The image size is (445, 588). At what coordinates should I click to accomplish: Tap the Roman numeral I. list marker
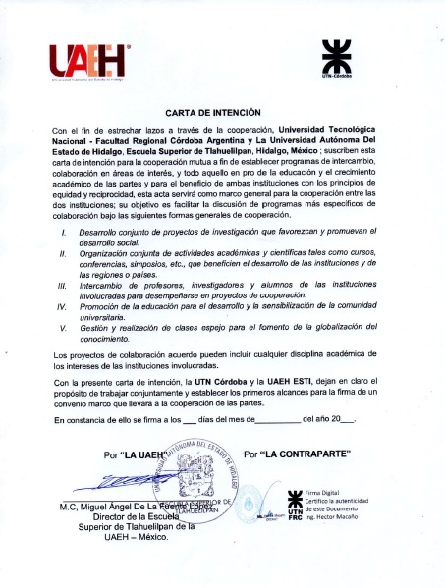pos(64,258)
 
